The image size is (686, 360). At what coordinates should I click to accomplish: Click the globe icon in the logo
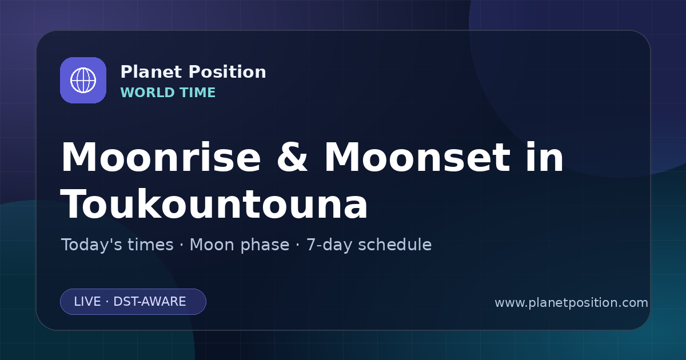point(83,80)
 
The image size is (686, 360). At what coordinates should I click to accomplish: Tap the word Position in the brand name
point(228,72)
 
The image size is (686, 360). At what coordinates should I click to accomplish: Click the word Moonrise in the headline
point(161,157)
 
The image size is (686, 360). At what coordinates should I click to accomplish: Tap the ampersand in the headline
point(292,157)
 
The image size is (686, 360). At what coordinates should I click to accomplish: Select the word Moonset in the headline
point(417,157)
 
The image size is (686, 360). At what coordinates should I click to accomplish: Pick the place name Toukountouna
point(214,204)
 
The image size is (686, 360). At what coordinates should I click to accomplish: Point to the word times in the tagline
point(150,245)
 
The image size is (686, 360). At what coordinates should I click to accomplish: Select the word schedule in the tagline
point(395,245)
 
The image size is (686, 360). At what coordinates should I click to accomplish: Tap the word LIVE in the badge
point(87,302)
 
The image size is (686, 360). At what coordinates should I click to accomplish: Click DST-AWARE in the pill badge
point(149,302)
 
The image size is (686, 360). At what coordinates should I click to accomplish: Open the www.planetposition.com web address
point(571,303)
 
